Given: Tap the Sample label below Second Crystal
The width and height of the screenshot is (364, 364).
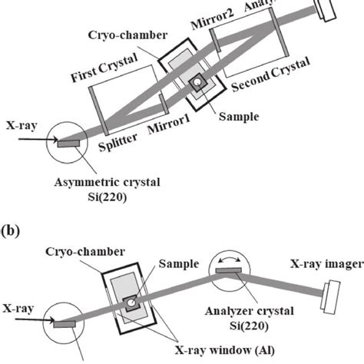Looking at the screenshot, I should pyautogui.click(x=237, y=117).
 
